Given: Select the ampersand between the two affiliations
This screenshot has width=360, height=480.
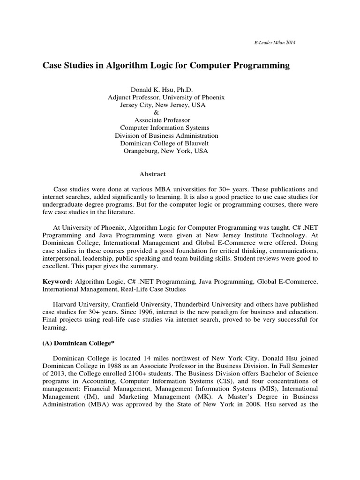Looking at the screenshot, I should tap(157, 112).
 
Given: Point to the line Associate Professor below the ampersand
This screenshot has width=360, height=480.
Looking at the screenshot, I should tap(162, 120).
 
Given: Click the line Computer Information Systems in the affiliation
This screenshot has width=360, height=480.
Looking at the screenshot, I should tap(165, 128).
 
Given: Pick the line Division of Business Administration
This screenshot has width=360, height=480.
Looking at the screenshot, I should tap(166, 135).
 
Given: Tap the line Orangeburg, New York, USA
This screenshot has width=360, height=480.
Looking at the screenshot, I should tap(165, 151).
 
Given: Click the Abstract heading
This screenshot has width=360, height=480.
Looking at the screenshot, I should tap(152, 174).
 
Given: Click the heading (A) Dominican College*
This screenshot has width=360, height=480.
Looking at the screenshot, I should tap(79, 343).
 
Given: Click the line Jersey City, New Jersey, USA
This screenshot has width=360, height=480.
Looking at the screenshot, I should tap(163, 105).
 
